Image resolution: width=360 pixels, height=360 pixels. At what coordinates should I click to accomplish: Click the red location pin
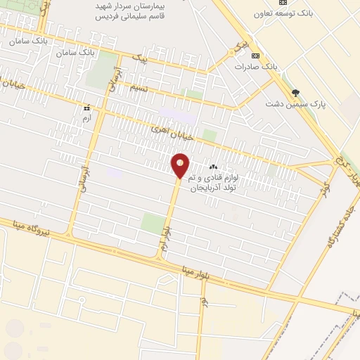pyautogui.click(x=180, y=165)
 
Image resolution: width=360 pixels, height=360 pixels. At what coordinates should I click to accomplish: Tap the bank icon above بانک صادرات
pyautogui.click(x=255, y=56)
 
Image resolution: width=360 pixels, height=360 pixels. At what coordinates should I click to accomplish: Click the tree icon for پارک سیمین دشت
pyautogui.click(x=295, y=93)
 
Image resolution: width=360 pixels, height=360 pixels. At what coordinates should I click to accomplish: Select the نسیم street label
pyautogui.click(x=140, y=88)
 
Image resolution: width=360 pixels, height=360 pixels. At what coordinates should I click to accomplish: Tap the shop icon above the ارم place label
pyautogui.click(x=87, y=108)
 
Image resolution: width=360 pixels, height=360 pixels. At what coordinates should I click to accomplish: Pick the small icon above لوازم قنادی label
pyautogui.click(x=213, y=167)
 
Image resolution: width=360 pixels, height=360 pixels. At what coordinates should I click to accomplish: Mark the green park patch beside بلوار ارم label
pyautogui.click(x=151, y=224)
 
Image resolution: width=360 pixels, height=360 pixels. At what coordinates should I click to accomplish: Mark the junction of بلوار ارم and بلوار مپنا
pyautogui.click(x=160, y=257)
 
